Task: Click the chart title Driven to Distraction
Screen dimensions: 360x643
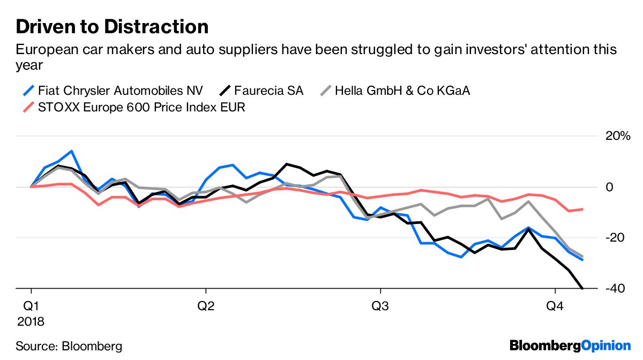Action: pos(112,26)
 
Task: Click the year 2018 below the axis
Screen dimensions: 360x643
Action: pos(31,322)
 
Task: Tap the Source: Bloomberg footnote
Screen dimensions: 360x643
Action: pos(69,346)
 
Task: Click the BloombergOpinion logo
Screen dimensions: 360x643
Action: pos(570,346)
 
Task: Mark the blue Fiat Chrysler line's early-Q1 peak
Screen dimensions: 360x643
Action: pos(71,151)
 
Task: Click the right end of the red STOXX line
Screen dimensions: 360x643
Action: pos(582,209)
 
